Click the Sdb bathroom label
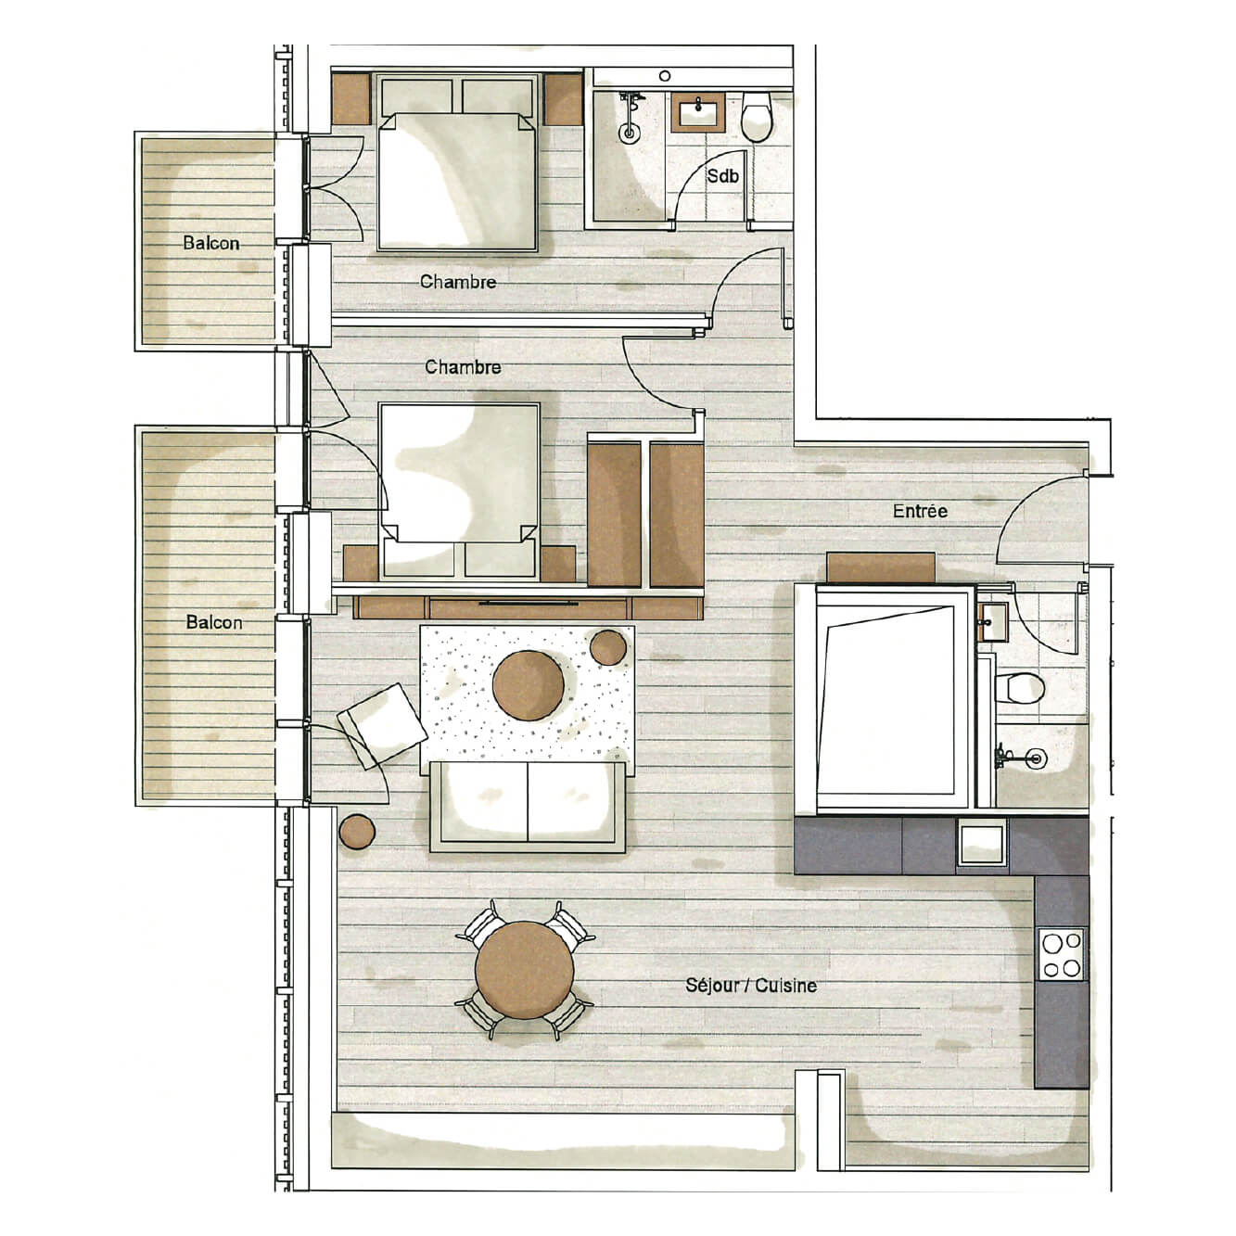(x=722, y=175)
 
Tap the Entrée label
(x=920, y=511)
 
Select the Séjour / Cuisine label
(x=751, y=985)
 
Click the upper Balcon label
(x=211, y=244)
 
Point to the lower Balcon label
(x=214, y=622)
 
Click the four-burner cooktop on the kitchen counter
(x=1062, y=955)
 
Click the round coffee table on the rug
(x=528, y=685)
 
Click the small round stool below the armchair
(x=357, y=830)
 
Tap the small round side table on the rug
(x=609, y=645)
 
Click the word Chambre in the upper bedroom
(x=458, y=282)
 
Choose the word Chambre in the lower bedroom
(x=463, y=367)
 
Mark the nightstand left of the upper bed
(x=350, y=98)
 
